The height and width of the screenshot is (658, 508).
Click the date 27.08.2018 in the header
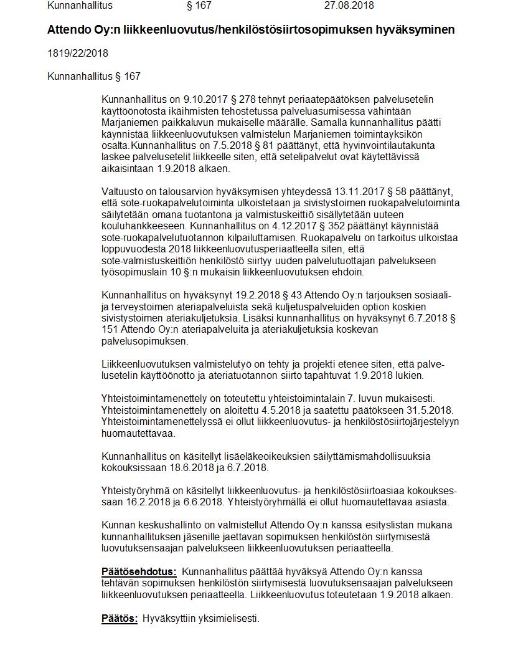349,6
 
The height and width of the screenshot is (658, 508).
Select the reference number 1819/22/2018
78,53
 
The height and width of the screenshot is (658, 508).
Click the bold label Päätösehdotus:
139,571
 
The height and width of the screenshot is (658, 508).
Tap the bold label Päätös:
119,618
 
